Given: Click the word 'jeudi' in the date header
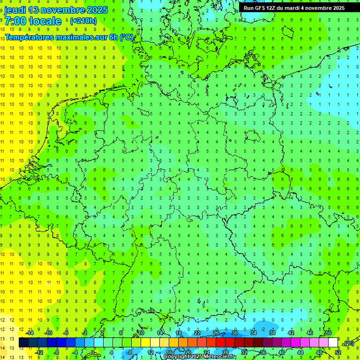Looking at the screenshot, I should coord(15,10).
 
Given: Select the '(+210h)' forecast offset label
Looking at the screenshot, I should coord(83,21).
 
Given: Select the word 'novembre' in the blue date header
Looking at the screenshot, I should coord(62,10).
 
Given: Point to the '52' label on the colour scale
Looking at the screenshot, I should coord(338,352).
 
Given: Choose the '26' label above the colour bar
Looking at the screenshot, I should coord(216,333).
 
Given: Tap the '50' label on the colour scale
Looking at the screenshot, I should coord(329,333).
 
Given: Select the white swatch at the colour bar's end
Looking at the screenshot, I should coord(333,343).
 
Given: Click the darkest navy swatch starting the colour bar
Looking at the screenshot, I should coord(23,343).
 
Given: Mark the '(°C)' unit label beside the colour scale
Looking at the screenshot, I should coord(348,343).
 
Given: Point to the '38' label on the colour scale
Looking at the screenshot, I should coord(272,333).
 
